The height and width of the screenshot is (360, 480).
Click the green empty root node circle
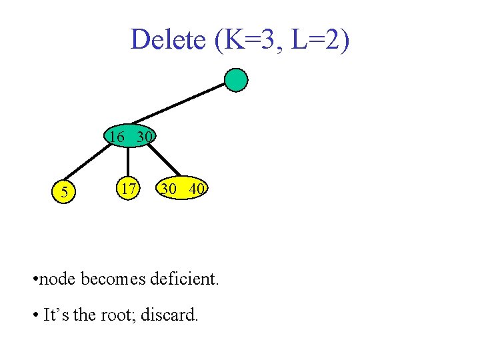click(x=235, y=80)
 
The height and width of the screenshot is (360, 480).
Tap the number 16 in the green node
click(x=117, y=137)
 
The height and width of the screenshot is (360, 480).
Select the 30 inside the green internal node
click(x=145, y=137)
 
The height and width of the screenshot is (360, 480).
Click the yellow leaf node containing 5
click(x=64, y=193)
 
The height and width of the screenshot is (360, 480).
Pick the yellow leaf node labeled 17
click(x=127, y=189)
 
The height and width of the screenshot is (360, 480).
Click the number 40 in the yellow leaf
click(x=196, y=189)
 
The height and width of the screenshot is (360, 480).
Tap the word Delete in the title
click(x=168, y=39)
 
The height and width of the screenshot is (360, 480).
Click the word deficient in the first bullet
click(x=180, y=279)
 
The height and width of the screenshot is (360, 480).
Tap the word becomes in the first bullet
click(x=110, y=279)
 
